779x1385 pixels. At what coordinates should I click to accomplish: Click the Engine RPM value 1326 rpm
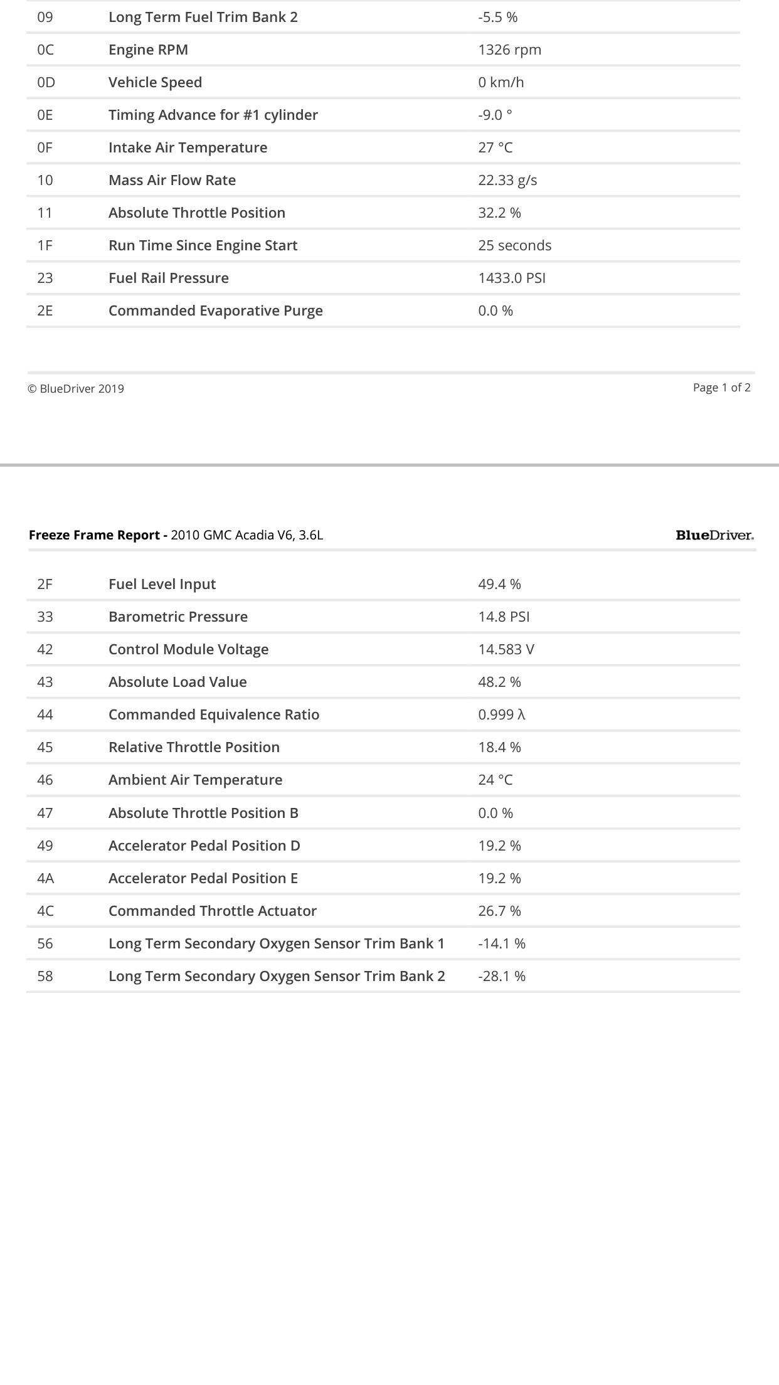[x=509, y=50]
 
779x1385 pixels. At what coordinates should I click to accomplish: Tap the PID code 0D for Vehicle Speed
[x=46, y=83]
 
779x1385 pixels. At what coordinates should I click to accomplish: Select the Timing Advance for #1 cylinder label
[x=213, y=115]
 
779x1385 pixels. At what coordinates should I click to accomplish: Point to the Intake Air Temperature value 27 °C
[x=495, y=148]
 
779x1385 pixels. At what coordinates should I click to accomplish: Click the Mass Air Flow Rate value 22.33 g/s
[x=507, y=181]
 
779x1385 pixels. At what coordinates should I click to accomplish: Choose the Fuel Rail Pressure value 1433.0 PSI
[x=512, y=279]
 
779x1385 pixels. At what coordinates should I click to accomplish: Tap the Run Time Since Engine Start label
[x=203, y=246]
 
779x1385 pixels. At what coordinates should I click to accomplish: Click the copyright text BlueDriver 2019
[x=76, y=389]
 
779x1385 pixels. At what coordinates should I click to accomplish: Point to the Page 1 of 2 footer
[x=721, y=388]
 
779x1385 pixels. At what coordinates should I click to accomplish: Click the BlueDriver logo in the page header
[x=714, y=536]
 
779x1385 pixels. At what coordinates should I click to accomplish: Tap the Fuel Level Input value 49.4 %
[x=499, y=585]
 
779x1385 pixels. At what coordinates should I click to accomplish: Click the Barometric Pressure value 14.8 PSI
[x=504, y=617]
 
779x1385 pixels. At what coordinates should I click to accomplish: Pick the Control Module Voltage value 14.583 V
[x=506, y=650]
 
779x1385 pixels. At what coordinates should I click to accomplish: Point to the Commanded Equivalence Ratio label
[x=213, y=715]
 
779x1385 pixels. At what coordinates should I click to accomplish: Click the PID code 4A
[x=45, y=879]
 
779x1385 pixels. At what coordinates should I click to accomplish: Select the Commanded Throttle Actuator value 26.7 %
[x=499, y=911]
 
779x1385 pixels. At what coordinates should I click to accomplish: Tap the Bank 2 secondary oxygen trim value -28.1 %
[x=502, y=977]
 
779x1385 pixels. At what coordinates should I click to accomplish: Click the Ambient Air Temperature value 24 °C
[x=495, y=780]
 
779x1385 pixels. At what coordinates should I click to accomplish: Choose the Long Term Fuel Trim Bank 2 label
[x=203, y=18]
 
